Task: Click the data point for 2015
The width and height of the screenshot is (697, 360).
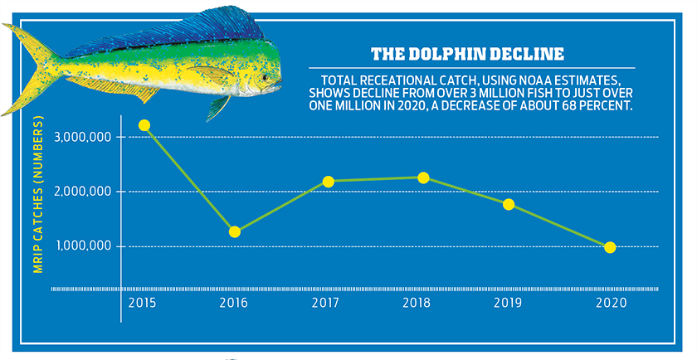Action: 144,125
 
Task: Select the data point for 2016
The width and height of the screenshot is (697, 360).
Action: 235,231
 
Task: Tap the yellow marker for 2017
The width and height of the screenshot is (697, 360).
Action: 328,181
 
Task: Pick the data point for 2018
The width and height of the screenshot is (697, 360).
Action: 422,178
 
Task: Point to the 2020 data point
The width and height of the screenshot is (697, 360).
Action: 610,247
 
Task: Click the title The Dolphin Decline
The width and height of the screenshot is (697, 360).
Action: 467,55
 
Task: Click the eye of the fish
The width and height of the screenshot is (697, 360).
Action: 265,77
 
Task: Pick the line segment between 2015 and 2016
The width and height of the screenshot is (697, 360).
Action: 190,178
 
